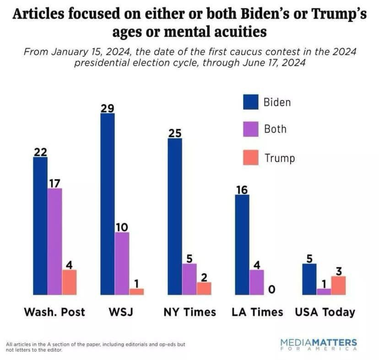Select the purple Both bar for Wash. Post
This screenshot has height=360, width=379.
[x=55, y=241]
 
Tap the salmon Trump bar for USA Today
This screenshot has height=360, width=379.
[x=338, y=285]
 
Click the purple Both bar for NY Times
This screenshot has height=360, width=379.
[x=189, y=279]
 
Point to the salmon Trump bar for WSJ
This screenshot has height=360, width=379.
[x=136, y=291]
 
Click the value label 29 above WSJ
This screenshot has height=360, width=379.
[x=108, y=108]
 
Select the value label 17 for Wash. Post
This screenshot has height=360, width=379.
[x=55, y=183]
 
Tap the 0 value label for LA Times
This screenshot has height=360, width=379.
[x=271, y=289]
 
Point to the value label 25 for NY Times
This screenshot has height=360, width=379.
[x=174, y=133]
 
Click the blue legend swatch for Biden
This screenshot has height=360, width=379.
[x=250, y=102]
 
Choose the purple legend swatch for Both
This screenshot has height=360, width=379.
[x=250, y=129]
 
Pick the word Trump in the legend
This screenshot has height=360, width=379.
[x=280, y=158]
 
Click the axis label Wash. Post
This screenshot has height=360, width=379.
[x=54, y=312]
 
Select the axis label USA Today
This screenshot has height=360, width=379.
[x=325, y=312]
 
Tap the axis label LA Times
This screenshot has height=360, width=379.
[x=257, y=312]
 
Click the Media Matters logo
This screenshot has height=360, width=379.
[x=319, y=345]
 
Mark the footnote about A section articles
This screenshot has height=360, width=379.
[x=96, y=347]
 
